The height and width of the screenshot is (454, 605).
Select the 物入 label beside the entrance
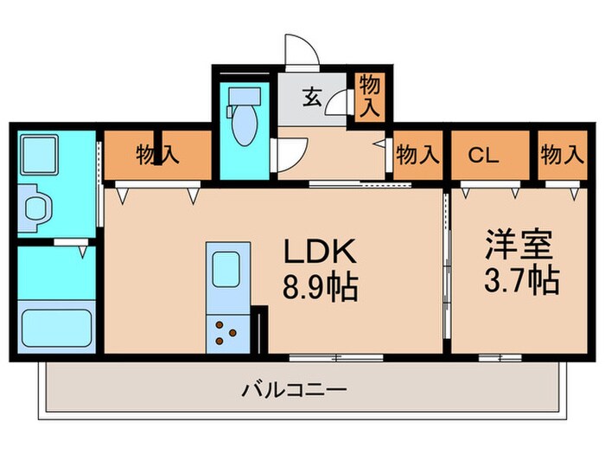tap(370, 95)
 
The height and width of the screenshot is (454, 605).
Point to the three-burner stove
tap(227, 333)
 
